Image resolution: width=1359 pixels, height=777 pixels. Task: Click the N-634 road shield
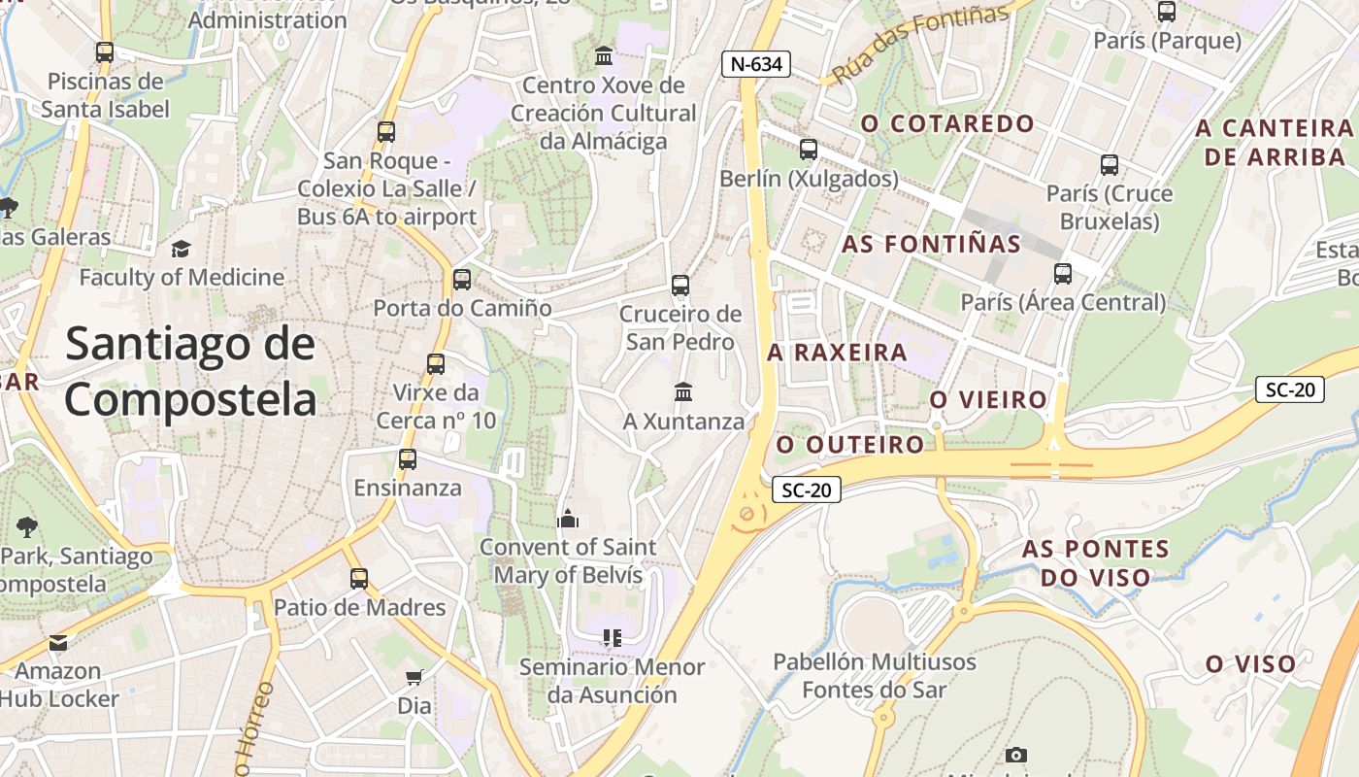pos(756,65)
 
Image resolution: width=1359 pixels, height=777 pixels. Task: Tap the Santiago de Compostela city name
pos(190,372)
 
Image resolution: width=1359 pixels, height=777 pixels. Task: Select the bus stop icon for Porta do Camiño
pos(462,280)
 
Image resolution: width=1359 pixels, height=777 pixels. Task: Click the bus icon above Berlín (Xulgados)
pos(808,150)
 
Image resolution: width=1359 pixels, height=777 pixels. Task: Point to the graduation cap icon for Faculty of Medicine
pos(181,250)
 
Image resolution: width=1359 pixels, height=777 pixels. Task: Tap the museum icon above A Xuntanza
pos(683,392)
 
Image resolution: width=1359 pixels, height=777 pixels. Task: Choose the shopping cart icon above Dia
pos(414,677)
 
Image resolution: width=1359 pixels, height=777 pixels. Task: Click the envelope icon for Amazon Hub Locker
pos(58,642)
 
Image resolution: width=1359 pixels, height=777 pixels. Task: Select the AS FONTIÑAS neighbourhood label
pos(931,244)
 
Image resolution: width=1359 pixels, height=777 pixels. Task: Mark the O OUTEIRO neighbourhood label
pos(850,445)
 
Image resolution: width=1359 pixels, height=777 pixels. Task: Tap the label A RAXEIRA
pos(837,353)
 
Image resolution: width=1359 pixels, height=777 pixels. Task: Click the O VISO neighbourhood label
pos(1250,664)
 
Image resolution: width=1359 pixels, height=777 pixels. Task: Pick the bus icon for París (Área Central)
pos(1063,274)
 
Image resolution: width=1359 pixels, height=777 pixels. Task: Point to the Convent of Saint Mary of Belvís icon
pos(568,519)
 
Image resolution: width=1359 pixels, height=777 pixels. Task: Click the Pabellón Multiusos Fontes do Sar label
pos(874,676)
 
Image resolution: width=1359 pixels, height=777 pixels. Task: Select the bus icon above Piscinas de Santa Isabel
pos(105,52)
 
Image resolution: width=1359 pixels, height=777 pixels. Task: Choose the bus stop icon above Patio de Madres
pos(359,579)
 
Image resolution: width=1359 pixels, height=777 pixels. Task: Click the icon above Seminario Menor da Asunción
pos(612,638)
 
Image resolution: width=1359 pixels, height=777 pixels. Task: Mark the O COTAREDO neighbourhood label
pos(947,123)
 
